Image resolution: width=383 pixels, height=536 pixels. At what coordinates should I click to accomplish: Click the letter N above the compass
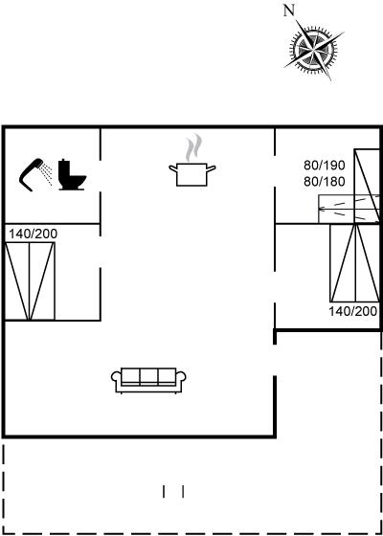(x=289, y=11)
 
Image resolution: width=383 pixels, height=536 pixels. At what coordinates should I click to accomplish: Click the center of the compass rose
(x=314, y=50)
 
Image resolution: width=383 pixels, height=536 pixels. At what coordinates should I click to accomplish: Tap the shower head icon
(x=31, y=174)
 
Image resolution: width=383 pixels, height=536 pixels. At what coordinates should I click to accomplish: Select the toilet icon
(x=72, y=174)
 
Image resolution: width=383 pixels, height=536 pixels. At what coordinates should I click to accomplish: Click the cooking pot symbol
(x=191, y=174)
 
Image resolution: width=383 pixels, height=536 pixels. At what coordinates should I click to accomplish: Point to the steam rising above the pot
(x=193, y=147)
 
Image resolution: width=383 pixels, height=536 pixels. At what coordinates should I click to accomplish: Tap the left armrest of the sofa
(x=116, y=379)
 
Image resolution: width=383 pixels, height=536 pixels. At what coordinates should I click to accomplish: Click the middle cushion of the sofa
(x=148, y=376)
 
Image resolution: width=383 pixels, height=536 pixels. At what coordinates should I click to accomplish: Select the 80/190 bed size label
(x=325, y=166)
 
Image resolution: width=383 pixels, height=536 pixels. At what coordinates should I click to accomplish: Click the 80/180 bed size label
(x=325, y=182)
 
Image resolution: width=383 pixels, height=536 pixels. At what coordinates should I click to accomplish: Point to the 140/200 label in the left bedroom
(x=33, y=234)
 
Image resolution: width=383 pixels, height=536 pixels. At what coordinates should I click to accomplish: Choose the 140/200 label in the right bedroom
(x=353, y=311)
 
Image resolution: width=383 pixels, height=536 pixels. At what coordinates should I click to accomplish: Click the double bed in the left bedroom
(x=30, y=281)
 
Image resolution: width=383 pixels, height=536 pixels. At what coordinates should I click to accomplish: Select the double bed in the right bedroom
(x=355, y=263)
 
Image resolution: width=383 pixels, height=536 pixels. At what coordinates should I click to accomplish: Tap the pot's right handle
(x=211, y=168)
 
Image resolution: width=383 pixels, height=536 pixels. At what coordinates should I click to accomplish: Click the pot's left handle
(x=173, y=168)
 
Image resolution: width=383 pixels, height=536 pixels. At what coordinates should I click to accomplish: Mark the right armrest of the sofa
(x=181, y=379)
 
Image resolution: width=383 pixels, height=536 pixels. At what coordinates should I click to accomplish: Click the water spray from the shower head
(x=47, y=173)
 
